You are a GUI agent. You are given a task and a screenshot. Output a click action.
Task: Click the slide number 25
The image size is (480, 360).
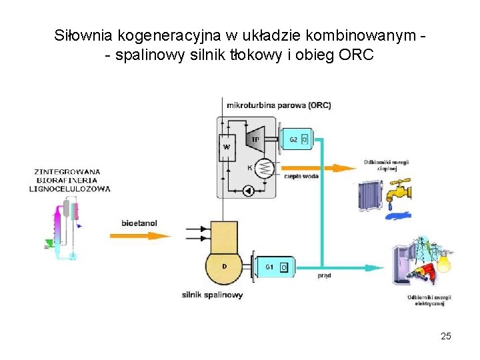[x=446, y=336]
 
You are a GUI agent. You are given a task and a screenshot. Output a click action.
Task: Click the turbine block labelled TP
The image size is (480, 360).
[x=253, y=139]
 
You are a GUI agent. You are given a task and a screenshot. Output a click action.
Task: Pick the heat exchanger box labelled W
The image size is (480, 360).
[x=227, y=147]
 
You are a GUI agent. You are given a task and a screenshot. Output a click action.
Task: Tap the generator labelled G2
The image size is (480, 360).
[x=295, y=139]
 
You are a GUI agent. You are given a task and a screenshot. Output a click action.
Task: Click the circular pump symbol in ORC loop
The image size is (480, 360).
[x=247, y=191]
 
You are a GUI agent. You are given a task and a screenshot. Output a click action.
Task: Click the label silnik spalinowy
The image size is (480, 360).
[x=212, y=295]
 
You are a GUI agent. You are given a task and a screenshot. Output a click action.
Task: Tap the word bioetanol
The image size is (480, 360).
[x=140, y=222]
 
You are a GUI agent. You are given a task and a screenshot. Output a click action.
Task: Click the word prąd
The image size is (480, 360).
[x=324, y=275]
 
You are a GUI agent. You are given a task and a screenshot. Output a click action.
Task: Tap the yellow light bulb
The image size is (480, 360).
[x=443, y=262]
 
